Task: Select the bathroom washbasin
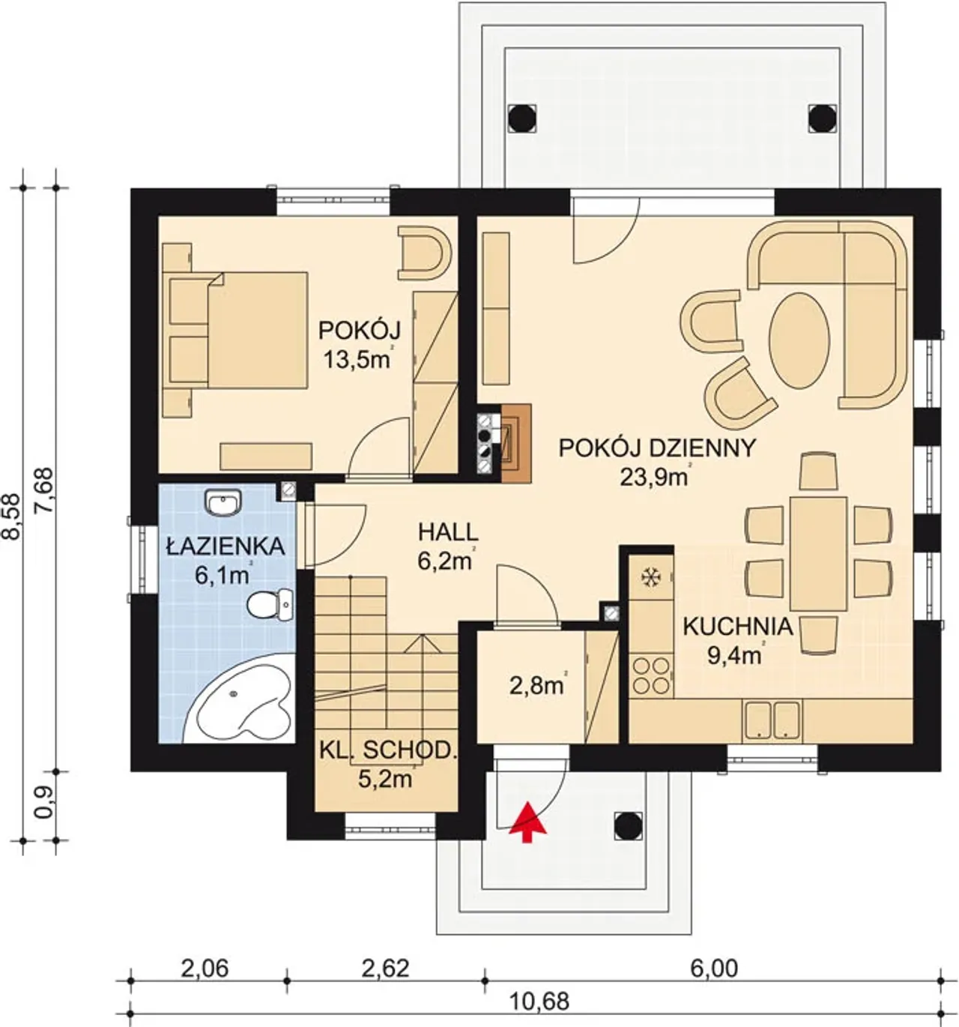point(223,502)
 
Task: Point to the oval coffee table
point(799,341)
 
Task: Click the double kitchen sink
point(772,720)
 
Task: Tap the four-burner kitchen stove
point(651,675)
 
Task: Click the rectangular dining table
point(818,553)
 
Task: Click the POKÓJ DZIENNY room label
point(658,448)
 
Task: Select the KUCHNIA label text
point(738,627)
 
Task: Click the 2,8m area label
point(538,686)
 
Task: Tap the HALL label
point(449,532)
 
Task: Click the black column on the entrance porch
point(628,826)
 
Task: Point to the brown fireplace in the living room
point(516,443)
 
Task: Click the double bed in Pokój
point(239,330)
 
